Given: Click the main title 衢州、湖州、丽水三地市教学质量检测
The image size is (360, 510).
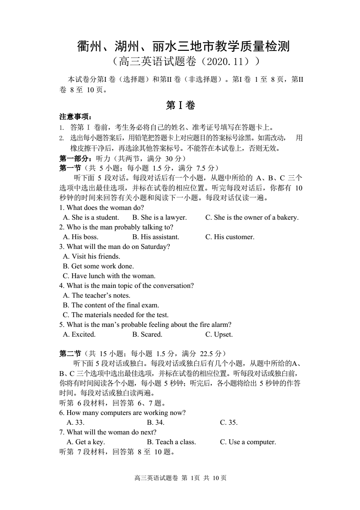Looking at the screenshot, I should [x=183, y=46].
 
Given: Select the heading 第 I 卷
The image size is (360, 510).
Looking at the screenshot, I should [x=180, y=105].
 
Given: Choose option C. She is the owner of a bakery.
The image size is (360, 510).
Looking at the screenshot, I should [x=252, y=218].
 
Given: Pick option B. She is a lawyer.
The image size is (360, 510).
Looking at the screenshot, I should [x=159, y=218].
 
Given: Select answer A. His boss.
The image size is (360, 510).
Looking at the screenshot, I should [x=81, y=237].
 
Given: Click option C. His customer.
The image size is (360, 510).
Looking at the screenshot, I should [x=230, y=237].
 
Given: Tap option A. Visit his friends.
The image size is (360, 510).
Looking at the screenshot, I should [x=92, y=257].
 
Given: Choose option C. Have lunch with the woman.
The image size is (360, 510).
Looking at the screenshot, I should [x=109, y=276].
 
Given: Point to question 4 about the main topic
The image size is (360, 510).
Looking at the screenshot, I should [x=126, y=286].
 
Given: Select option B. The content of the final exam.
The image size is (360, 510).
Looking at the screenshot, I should [x=111, y=305].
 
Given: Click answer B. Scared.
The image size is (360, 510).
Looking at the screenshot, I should [x=147, y=335].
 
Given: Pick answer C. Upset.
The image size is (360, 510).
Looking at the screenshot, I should [x=219, y=335].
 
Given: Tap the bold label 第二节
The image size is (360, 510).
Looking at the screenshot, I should [x=70, y=354].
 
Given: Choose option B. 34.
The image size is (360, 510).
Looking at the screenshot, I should [x=156, y=423].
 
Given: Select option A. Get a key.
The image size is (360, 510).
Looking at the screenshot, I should [x=86, y=442].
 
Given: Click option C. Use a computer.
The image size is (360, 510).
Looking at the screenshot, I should [x=248, y=442].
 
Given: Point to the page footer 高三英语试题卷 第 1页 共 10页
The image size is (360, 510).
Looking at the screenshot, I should [x=180, y=478].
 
